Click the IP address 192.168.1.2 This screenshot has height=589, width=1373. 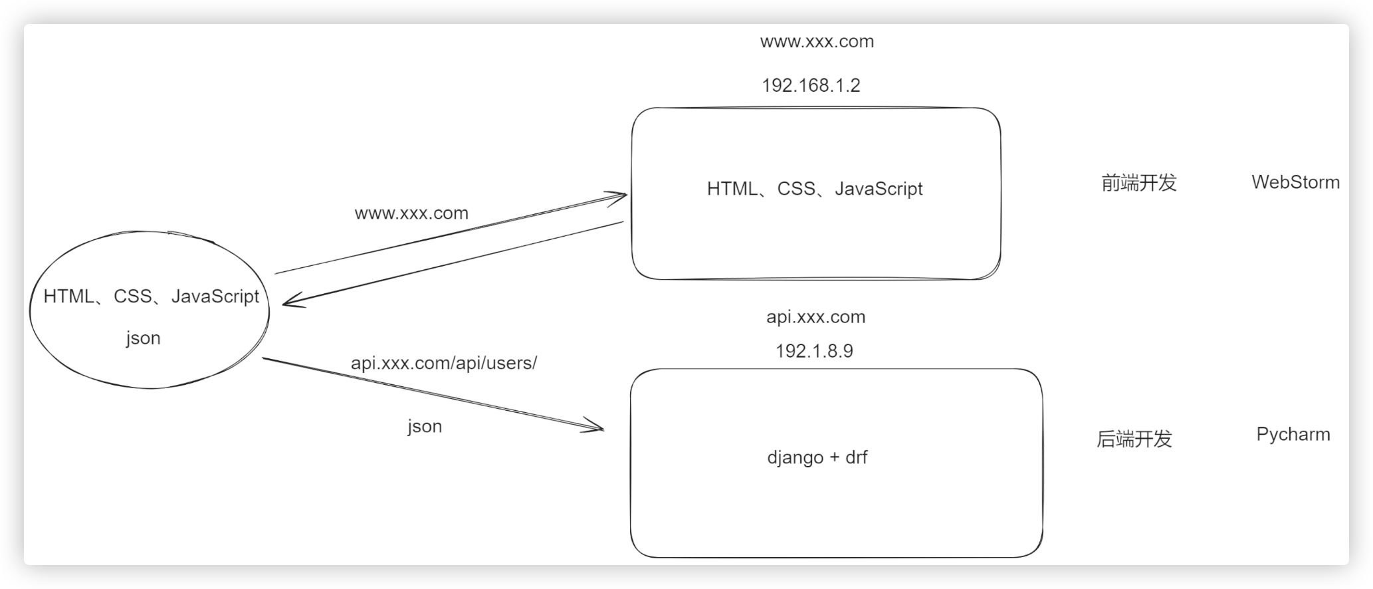[811, 86]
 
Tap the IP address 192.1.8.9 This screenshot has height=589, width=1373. [814, 351]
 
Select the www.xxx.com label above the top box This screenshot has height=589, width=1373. [817, 42]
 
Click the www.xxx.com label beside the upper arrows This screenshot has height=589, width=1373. [411, 213]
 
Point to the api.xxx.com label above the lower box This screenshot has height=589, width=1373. [815, 317]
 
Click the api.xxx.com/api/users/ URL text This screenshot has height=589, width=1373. [443, 363]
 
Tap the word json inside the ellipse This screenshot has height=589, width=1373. [144, 338]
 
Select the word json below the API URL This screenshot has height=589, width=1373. [425, 426]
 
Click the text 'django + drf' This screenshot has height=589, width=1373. [817, 457]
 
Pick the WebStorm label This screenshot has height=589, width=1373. [1295, 182]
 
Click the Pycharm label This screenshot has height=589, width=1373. [1293, 435]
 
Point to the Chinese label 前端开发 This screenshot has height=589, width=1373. [1139, 183]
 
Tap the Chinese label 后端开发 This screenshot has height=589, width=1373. [1134, 439]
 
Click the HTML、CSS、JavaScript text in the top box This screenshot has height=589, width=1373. [815, 189]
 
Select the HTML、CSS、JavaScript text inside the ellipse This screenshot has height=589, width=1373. [151, 296]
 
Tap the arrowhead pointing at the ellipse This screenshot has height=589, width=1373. [288, 303]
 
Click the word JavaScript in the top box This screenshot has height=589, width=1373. [879, 189]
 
